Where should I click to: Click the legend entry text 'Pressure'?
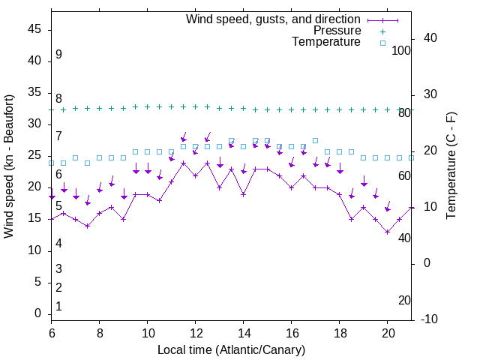coord(337,31)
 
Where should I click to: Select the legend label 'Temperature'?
coord(326,42)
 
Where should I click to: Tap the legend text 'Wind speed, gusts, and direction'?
coord(273,19)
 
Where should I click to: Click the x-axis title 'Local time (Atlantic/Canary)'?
coord(231,350)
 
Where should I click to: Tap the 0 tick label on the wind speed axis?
coord(38,313)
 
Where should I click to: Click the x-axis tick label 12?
coord(195,332)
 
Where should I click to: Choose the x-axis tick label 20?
coord(387,332)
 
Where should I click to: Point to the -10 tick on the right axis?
coord(430,319)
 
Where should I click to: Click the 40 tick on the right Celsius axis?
coord(427,38)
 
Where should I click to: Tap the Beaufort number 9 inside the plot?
coord(58,55)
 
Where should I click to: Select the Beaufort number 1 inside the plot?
coord(58,306)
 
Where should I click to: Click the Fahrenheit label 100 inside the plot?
coord(401,50)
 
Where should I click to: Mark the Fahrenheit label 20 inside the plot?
coord(404,300)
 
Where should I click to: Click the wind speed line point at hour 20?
coord(387,232)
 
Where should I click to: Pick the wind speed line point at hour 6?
coord(51,219)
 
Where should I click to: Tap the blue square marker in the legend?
coord(382,43)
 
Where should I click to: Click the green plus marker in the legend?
coord(382,31)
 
